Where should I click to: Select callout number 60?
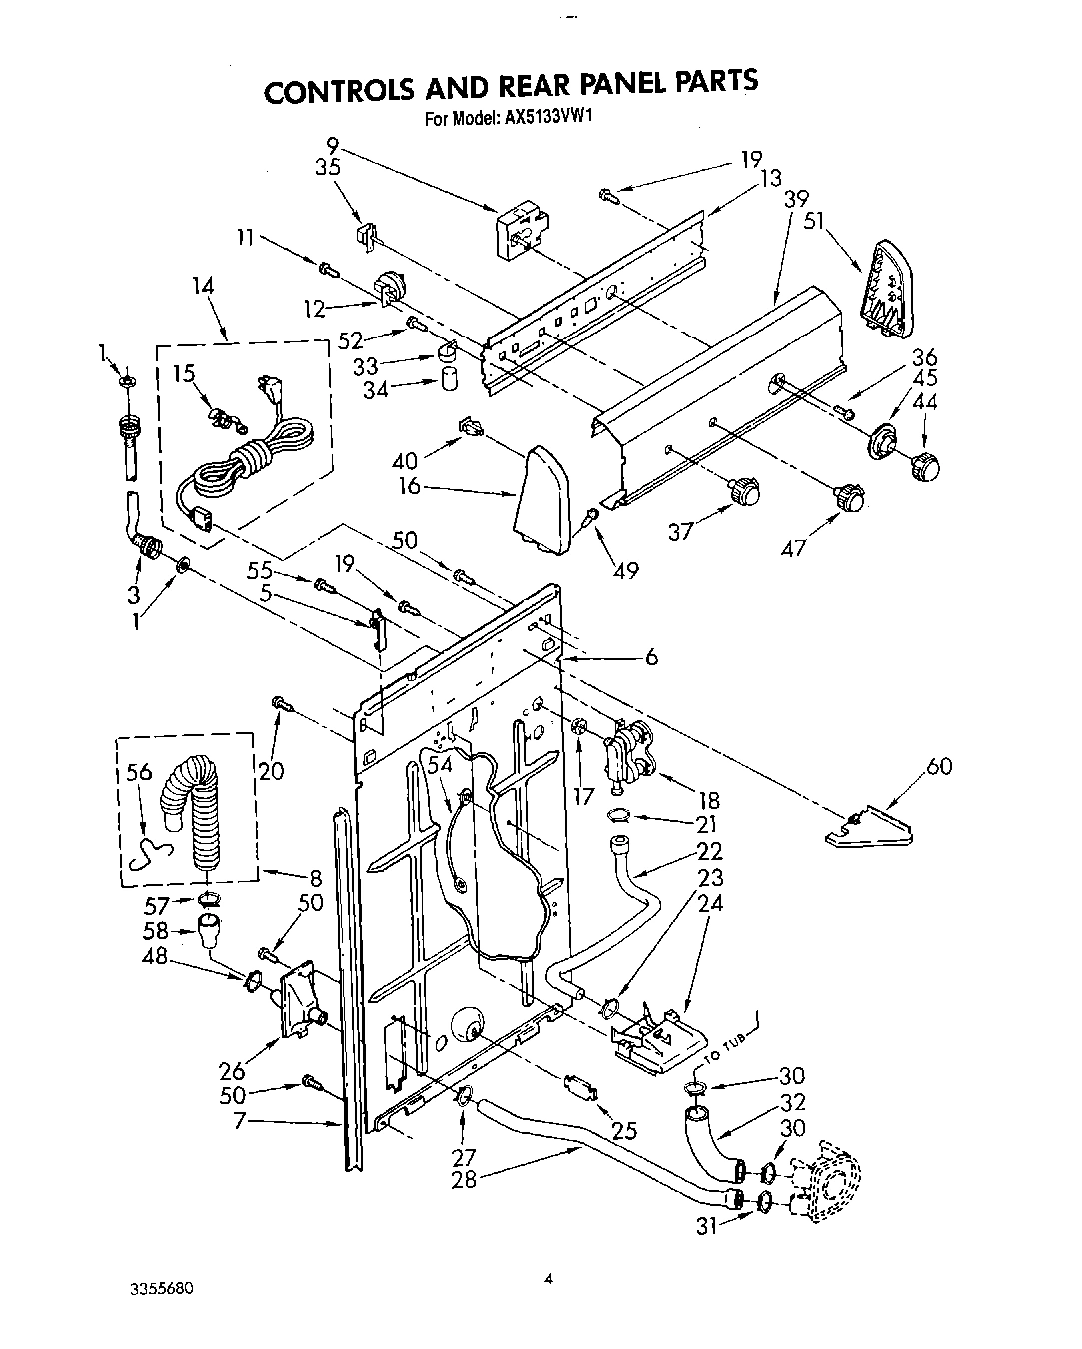click(938, 766)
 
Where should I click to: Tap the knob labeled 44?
click(928, 465)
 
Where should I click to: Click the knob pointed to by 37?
click(744, 490)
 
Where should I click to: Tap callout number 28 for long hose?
click(464, 1178)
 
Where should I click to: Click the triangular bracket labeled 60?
click(871, 828)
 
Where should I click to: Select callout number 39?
click(795, 198)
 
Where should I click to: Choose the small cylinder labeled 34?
click(449, 380)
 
